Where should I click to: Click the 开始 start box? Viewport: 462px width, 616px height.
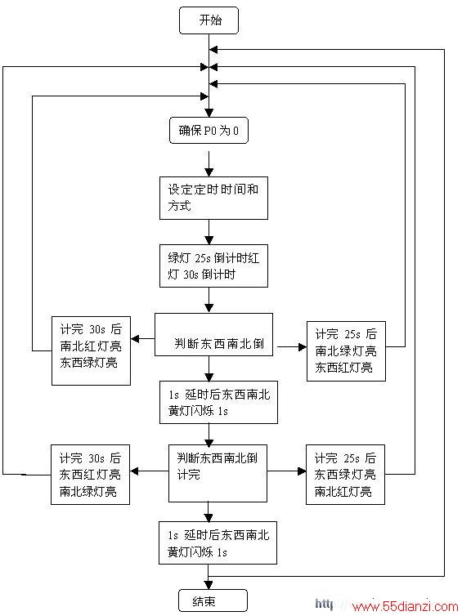pos(209,20)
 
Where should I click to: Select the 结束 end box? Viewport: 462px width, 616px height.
pos(213,600)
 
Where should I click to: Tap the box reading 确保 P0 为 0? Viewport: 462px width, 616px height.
pos(209,131)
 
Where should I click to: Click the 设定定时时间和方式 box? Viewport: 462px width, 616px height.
pos(213,198)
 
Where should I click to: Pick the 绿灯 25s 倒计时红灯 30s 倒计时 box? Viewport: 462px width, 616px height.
pos(213,266)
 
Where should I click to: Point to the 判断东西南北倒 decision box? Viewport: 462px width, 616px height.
pos(213,335)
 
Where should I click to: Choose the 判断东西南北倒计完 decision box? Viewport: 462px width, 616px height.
pos(218,473)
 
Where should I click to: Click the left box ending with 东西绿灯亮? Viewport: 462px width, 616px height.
pos(91,350)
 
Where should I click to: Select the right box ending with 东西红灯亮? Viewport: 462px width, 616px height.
pos(346,351)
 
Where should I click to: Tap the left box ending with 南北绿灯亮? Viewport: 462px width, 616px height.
pos(90,475)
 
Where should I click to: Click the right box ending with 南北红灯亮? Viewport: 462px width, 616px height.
pos(345,475)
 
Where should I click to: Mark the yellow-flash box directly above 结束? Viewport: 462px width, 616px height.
pos(218,543)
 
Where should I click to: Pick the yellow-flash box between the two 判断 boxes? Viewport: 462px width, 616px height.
pos(218,402)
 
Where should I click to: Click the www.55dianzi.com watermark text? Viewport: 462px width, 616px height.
pos(406,606)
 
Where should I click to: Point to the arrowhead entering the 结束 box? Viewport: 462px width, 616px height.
pos(209,585)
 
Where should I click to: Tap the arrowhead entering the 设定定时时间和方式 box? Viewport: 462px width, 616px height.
pos(209,172)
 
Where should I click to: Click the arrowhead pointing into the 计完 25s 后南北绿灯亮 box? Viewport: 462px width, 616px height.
pos(303,347)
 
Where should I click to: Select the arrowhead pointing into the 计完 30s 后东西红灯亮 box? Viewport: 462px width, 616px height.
pos(134,471)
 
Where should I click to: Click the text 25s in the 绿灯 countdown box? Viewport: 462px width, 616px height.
pos(203,258)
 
